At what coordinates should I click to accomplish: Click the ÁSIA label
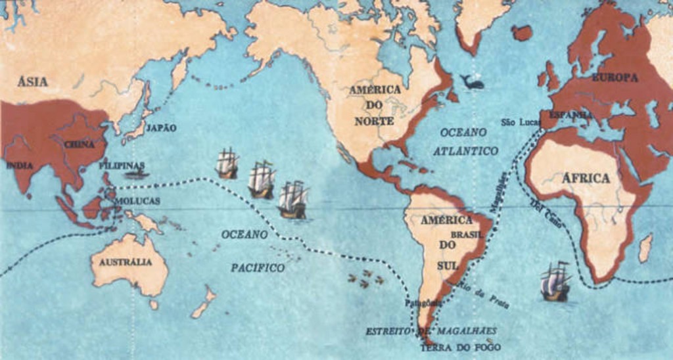(33, 82)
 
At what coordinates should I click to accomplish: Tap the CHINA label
(79, 144)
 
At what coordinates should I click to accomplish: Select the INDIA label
(20, 166)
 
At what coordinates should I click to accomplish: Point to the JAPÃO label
(161, 128)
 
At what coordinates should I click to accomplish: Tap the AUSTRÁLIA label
(126, 262)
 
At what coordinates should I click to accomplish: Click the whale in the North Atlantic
(472, 82)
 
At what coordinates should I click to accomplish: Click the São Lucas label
(520, 122)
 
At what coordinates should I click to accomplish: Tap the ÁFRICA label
(586, 178)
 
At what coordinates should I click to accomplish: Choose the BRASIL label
(467, 235)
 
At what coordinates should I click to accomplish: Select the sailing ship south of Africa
(555, 282)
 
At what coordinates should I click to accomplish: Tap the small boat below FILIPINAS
(137, 175)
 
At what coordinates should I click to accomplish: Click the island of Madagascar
(645, 248)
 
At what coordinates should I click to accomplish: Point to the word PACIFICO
(258, 268)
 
